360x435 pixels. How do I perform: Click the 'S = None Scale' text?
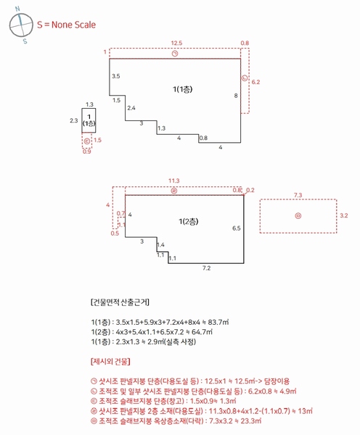(66, 25)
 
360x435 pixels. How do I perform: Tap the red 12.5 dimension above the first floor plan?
(176, 43)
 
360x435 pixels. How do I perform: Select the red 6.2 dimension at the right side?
(255, 83)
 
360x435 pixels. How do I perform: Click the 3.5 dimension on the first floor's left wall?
(116, 75)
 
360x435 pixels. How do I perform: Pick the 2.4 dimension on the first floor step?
(131, 108)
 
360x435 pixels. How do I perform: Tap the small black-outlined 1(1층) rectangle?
(89, 120)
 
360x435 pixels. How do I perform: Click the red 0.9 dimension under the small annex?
(87, 152)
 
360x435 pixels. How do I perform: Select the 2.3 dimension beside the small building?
(73, 120)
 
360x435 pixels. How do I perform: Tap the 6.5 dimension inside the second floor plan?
(236, 228)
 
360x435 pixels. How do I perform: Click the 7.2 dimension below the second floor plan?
(206, 268)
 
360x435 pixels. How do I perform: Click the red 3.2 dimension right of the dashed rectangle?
(344, 215)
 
